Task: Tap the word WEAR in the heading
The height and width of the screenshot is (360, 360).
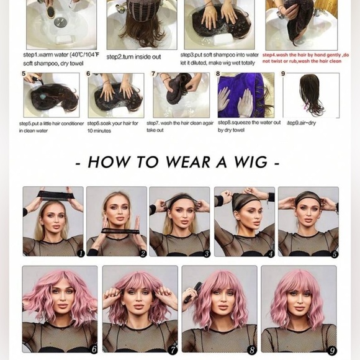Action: click(186, 163)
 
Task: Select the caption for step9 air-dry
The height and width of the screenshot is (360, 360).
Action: click(301, 122)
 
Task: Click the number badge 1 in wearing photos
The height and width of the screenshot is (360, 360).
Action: click(80, 253)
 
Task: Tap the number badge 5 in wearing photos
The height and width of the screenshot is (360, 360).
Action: click(335, 253)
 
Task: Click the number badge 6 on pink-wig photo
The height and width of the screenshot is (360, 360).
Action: click(93, 349)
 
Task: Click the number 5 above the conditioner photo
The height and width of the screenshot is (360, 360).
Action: click(24, 74)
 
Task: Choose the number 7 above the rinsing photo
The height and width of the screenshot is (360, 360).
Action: click(153, 74)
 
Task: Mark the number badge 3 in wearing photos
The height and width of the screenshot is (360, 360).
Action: click(207, 253)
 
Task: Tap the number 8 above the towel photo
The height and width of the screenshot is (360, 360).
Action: click(218, 74)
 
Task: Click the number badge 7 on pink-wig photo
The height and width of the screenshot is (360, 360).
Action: click(173, 349)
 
